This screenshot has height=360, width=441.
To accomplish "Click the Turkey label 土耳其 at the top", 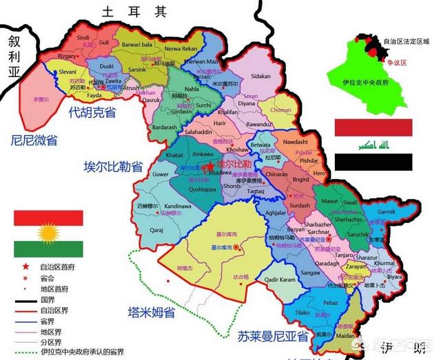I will tap(134, 12).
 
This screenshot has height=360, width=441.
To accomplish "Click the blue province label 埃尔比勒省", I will tap(112, 166).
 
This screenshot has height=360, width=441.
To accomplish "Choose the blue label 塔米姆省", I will tap(152, 312).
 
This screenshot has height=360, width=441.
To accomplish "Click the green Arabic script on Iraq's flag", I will tap(373, 145).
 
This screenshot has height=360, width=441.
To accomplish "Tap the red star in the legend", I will tap(25, 266).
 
